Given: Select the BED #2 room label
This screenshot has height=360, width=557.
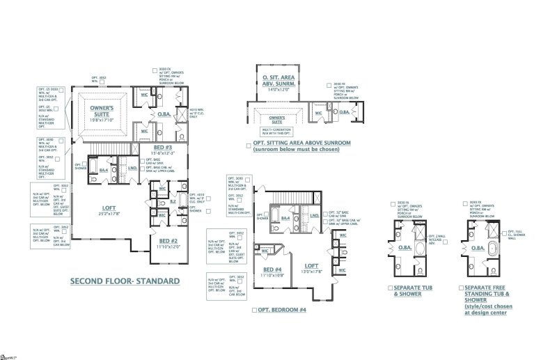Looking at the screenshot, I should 167,241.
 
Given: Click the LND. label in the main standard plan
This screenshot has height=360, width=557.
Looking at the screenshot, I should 132,167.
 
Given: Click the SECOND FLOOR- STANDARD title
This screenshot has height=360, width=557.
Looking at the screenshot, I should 125,281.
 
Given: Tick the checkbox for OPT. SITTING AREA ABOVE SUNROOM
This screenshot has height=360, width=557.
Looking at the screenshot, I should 249,146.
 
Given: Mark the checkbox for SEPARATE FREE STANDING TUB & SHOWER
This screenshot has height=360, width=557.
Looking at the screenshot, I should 462,288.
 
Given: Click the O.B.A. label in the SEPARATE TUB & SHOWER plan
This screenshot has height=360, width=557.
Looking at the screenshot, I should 402,249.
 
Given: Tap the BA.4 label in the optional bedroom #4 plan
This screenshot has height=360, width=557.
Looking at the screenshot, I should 285,218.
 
